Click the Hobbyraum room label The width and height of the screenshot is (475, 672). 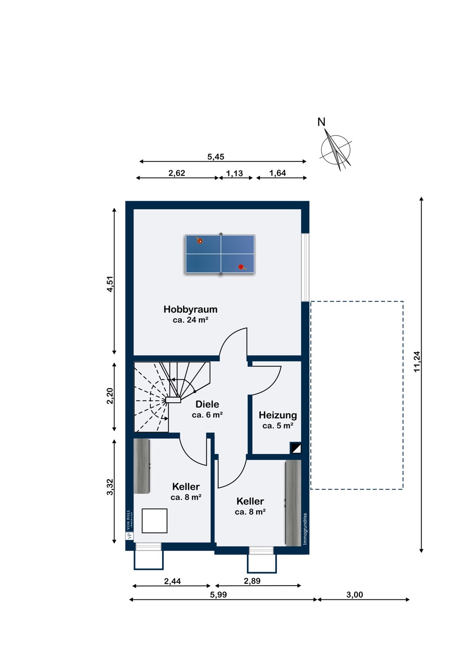(x=190, y=309)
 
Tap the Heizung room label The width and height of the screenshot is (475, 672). (x=278, y=415)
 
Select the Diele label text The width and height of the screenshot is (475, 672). (x=207, y=404)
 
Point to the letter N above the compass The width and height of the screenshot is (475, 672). (x=321, y=122)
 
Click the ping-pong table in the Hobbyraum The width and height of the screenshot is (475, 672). (x=220, y=254)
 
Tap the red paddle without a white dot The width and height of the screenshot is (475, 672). (x=241, y=267)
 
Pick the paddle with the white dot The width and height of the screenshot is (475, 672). (x=199, y=241)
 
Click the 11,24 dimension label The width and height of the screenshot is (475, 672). (x=417, y=362)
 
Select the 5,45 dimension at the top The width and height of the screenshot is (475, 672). (x=216, y=157)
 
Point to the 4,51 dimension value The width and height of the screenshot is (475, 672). (x=110, y=284)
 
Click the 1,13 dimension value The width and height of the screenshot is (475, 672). (x=235, y=173)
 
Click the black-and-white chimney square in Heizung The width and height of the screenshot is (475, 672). (x=295, y=448)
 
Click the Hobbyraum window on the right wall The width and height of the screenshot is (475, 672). (x=305, y=267)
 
